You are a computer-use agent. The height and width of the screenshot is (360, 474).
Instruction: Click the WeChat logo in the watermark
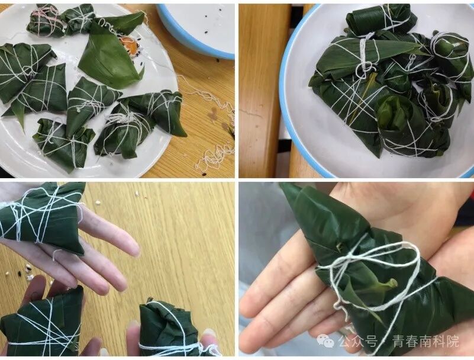(325, 341)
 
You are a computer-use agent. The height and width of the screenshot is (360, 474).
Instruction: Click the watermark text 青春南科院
(425, 342)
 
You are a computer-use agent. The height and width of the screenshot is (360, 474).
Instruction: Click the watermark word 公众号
(358, 342)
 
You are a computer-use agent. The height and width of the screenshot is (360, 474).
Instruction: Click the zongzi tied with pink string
(46, 20)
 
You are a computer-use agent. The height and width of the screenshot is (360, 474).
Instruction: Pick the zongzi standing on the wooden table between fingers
(170, 328)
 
